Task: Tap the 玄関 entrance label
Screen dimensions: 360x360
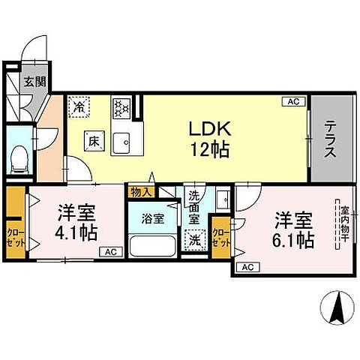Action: pos(31,82)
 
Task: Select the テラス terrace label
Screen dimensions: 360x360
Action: pos(329,139)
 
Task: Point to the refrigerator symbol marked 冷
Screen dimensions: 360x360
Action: pos(78,106)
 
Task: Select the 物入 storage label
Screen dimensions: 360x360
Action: pos(140,193)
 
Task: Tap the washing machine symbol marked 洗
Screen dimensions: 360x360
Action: pos(195,241)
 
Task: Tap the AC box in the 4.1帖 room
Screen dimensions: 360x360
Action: pos(109,252)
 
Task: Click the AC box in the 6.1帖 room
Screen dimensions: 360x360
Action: pos(247,267)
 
